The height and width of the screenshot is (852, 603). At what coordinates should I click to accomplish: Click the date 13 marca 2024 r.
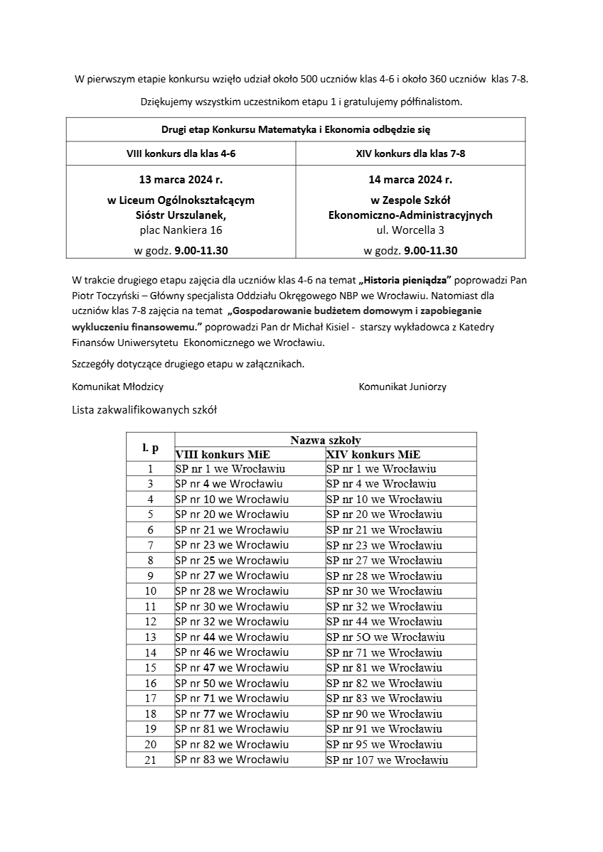(x=181, y=179)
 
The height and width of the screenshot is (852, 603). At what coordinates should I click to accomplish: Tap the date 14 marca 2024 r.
(x=410, y=179)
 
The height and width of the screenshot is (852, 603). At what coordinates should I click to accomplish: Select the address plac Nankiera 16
(x=181, y=230)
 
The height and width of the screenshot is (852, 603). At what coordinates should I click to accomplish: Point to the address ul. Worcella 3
(x=410, y=230)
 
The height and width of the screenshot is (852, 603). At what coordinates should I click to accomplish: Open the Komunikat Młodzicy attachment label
(x=118, y=387)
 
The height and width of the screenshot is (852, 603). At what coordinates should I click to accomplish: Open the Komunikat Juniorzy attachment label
(x=402, y=387)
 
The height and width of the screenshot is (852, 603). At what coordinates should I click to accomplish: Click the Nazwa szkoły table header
(x=325, y=441)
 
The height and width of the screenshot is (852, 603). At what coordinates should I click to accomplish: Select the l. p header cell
(x=150, y=448)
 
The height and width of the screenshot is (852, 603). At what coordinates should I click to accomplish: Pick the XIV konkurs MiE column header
(x=373, y=455)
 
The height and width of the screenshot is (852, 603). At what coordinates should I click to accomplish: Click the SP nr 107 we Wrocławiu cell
(x=387, y=760)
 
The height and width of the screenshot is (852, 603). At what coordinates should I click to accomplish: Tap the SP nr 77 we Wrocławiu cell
(x=232, y=714)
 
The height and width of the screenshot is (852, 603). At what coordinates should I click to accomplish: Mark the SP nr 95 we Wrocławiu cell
(x=384, y=745)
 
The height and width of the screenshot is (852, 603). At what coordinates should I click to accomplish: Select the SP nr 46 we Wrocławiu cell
(x=232, y=652)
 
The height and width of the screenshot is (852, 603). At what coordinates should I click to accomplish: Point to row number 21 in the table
(x=150, y=760)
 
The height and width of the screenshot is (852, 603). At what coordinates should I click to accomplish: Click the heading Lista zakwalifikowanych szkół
(x=144, y=410)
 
